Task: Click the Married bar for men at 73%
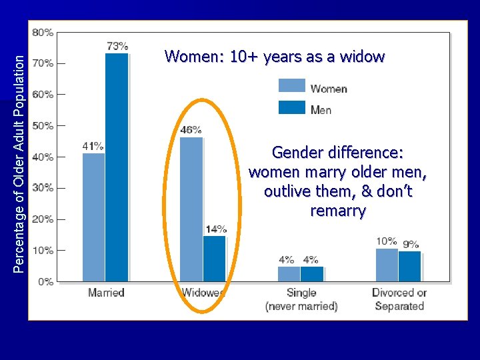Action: (117, 167)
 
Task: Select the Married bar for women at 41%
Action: (93, 217)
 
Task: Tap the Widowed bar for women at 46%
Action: (191, 209)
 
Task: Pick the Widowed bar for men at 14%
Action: (214, 258)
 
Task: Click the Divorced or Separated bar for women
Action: (387, 265)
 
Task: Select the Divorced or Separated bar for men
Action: (409, 266)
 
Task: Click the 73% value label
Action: (117, 46)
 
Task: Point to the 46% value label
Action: (191, 130)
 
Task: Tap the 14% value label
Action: (215, 229)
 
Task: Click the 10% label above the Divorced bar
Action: (387, 241)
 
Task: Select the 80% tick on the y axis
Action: (44, 32)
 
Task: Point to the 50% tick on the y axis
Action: (44, 125)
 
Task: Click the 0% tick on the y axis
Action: (46, 282)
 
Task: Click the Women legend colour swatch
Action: (291, 86)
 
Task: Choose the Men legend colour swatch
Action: (291, 107)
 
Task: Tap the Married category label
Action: (106, 293)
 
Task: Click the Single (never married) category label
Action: (301, 299)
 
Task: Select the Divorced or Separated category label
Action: (399, 299)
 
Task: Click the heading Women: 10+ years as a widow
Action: (275, 57)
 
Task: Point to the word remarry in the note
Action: (338, 211)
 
